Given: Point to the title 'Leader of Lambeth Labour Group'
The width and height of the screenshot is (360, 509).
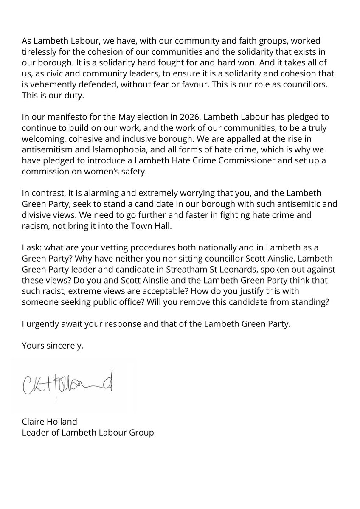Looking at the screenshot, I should [x=88, y=433].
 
